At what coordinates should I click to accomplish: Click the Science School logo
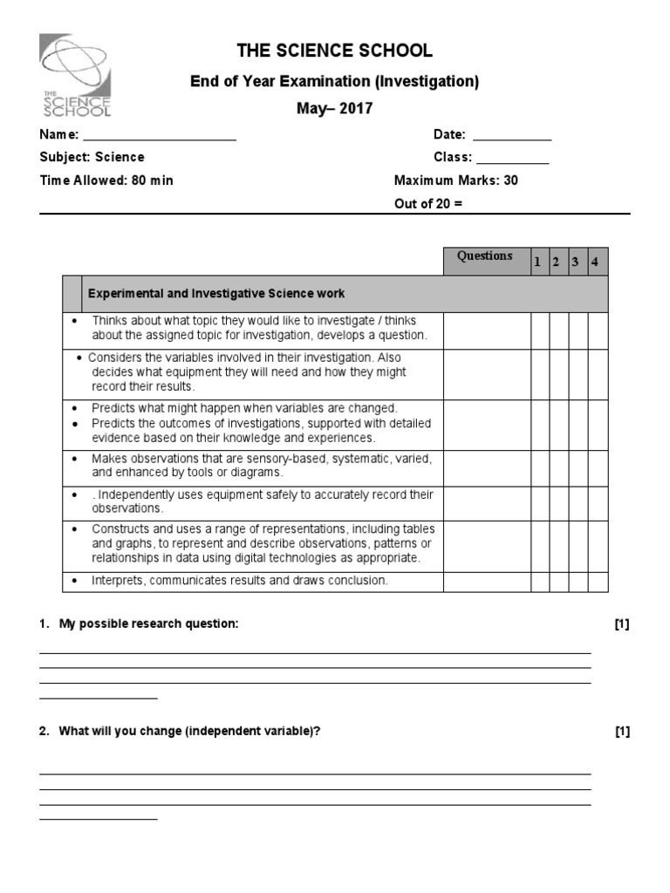coord(75,76)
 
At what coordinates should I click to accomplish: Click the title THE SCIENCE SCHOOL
coord(335,51)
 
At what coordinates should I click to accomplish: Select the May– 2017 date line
coord(335,109)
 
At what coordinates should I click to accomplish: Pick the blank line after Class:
coord(512,160)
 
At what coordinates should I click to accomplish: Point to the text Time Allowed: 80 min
coord(106,181)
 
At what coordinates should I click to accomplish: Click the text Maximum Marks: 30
coord(456,181)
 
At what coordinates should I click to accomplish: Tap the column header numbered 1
coord(538,262)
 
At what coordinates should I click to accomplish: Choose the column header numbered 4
coord(594,262)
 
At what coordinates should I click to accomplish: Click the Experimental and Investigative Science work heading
coord(215,294)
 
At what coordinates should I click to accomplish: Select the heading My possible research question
coord(147,624)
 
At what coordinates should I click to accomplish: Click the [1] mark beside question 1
coord(621,624)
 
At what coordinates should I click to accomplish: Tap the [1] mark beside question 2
coord(621,732)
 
